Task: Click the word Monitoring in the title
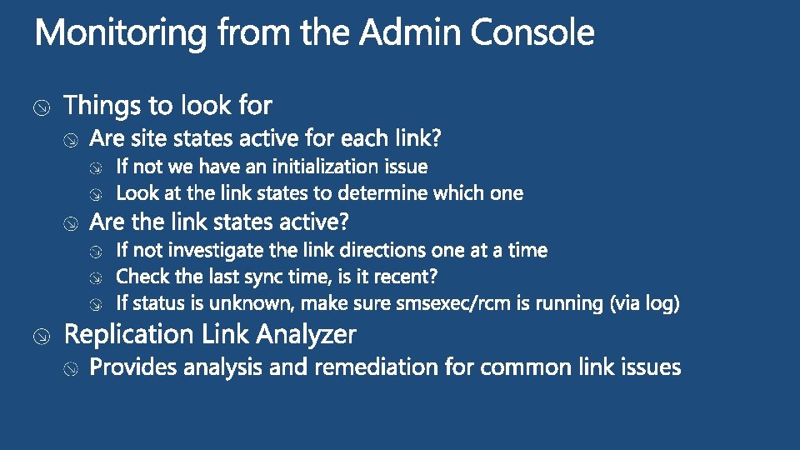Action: pyautogui.click(x=121, y=34)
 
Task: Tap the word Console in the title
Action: pyautogui.click(x=532, y=34)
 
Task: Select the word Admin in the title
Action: pyautogui.click(x=412, y=34)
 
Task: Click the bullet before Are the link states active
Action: pyautogui.click(x=72, y=223)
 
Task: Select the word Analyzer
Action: pyautogui.click(x=307, y=335)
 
